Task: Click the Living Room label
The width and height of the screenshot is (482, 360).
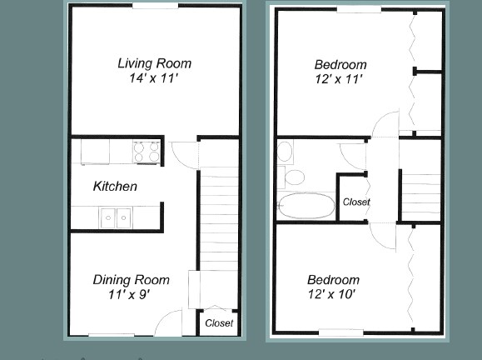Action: pyautogui.click(x=154, y=63)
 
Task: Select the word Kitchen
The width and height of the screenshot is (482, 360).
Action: pyautogui.click(x=115, y=187)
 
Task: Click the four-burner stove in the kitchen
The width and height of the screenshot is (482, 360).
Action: pyautogui.click(x=147, y=152)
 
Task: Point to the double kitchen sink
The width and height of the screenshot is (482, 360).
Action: pyautogui.click(x=117, y=217)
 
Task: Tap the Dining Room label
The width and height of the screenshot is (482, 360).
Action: pyautogui.click(x=131, y=280)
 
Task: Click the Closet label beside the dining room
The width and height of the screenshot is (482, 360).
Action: pyautogui.click(x=219, y=323)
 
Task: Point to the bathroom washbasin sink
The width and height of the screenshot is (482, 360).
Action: pyautogui.click(x=285, y=152)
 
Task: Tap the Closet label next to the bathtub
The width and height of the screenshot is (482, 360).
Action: pyautogui.click(x=356, y=202)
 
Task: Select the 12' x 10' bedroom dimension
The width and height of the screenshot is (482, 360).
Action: pyautogui.click(x=332, y=295)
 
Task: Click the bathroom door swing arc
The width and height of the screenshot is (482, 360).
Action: pyautogui.click(x=352, y=153)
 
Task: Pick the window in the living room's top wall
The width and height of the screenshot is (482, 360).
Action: pyautogui.click(x=155, y=6)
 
